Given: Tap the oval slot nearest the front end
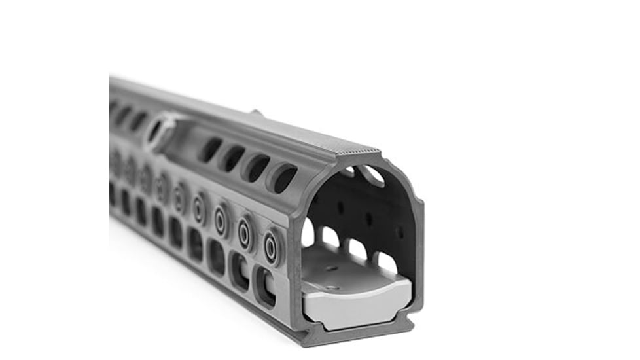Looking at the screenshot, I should click(283, 177).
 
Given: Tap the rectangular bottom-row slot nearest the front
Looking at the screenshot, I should click(265, 286).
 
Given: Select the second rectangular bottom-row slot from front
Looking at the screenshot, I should click(240, 270).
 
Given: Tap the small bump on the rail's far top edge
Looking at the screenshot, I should click(256, 113).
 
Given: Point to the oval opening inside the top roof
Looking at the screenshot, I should click(374, 175).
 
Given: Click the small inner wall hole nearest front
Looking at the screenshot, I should click(399, 233).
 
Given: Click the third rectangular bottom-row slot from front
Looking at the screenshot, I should click(216, 256).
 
